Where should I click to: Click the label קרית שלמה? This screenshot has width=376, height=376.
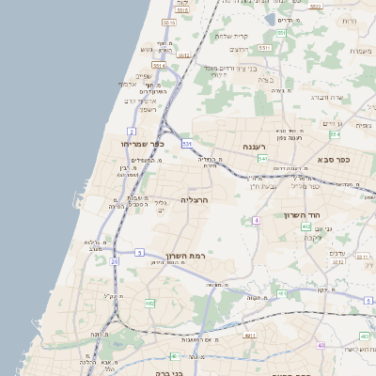(x=231, y=37)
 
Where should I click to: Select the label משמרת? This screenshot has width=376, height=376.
(x=362, y=51)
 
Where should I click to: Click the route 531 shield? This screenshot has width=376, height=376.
(x=187, y=144)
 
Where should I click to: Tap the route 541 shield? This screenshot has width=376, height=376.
(x=262, y=159)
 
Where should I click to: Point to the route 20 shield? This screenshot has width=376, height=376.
(x=115, y=261)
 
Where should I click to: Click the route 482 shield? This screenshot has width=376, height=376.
(x=149, y=304)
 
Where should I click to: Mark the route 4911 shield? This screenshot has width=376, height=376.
(x=249, y=335)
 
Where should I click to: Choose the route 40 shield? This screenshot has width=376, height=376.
(x=321, y=345)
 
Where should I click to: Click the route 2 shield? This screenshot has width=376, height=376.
(x=133, y=131)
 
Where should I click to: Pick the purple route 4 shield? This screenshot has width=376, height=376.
(x=256, y=220)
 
